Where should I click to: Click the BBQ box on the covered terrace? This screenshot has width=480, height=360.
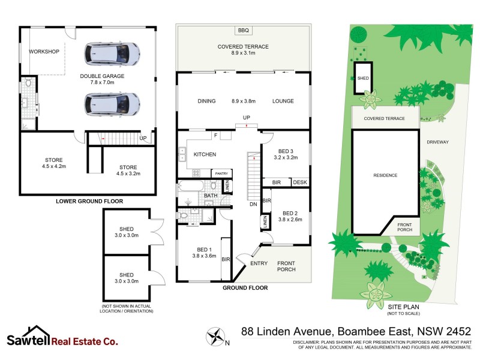coord(243,31)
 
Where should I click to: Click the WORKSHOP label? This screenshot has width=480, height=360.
coord(44,52)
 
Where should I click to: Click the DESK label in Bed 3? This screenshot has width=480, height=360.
coord(300,182)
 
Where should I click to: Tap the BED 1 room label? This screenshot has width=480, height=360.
coord(204,249)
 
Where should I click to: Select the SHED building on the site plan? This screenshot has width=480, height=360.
coord(363,79)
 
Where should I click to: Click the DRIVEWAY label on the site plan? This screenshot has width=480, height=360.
coord(437,142)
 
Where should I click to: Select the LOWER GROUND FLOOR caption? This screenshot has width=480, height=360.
coord(89,202)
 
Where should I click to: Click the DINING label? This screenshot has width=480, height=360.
coord(206,101)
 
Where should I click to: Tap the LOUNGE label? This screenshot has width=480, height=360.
coord(283,101)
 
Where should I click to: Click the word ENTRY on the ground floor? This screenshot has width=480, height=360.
coord(259,263)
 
